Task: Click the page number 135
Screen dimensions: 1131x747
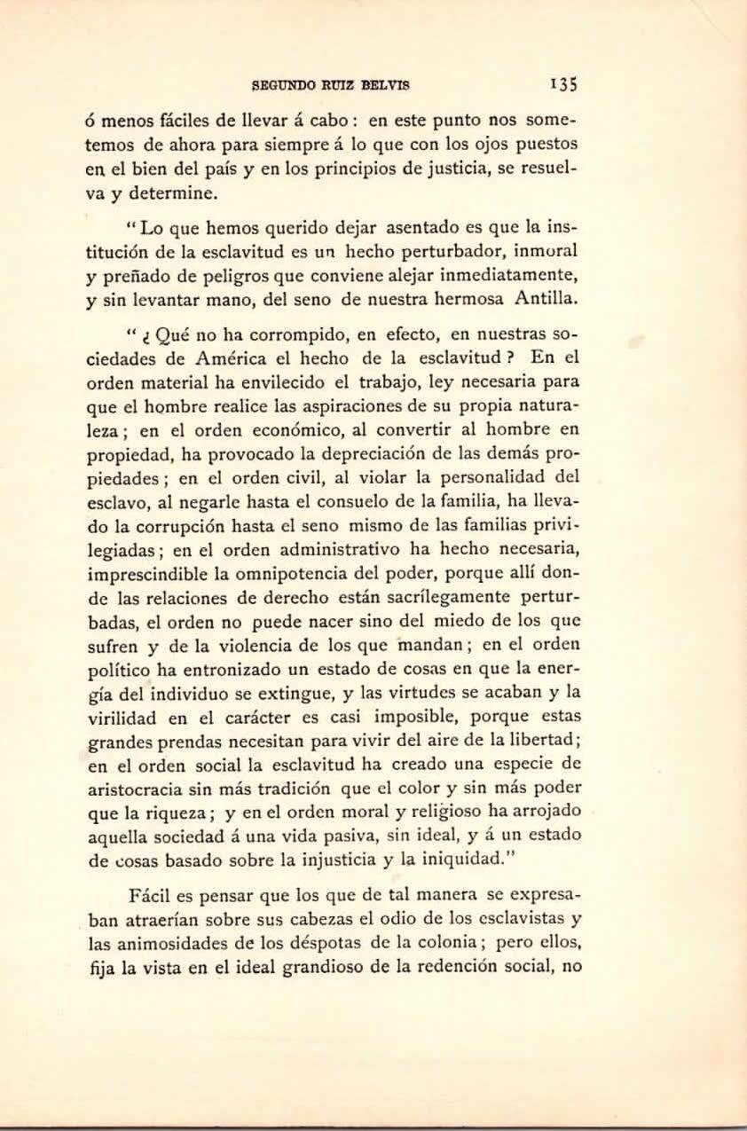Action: pos(563,85)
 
